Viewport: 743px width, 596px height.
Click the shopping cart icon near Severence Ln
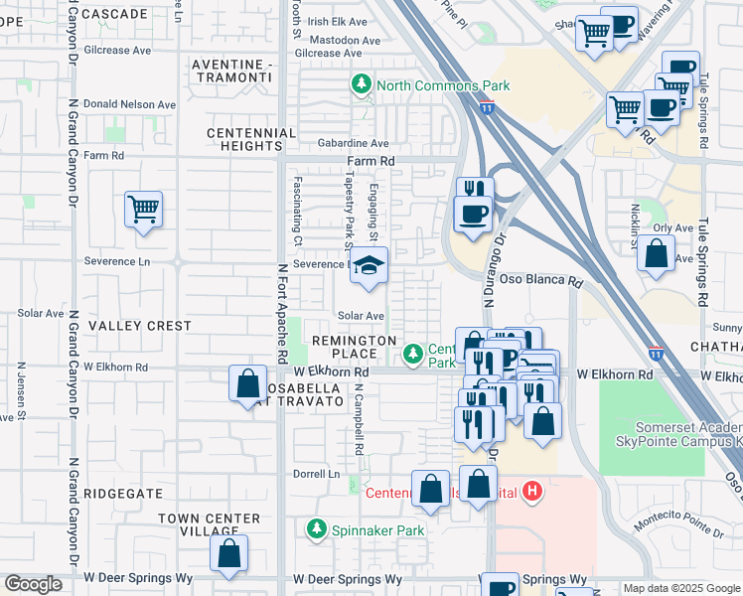coord(144,211)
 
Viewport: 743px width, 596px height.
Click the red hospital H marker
coord(533,491)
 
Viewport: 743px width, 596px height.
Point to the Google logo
coord(33,584)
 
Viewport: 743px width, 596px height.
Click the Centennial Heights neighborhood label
coord(251,139)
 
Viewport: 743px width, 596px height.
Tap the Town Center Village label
coord(208,524)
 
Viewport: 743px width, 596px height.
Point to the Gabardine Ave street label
coord(353,144)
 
